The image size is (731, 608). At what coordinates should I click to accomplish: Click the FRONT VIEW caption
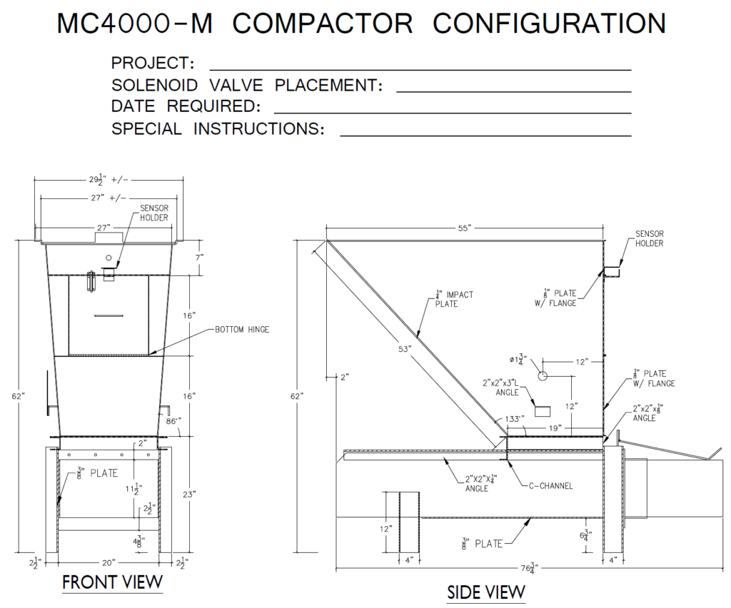pyautogui.click(x=112, y=582)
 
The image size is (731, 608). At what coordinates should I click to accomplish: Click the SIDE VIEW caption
pyautogui.click(x=486, y=592)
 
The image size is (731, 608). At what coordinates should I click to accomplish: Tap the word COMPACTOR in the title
pyautogui.click(x=323, y=24)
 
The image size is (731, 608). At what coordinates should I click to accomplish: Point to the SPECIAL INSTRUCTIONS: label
pyautogui.click(x=218, y=129)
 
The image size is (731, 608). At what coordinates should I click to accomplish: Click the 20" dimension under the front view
pyautogui.click(x=107, y=561)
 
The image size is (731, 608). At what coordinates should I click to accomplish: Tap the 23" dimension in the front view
pyautogui.click(x=195, y=494)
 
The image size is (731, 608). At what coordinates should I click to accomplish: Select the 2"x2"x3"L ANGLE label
pyautogui.click(x=503, y=387)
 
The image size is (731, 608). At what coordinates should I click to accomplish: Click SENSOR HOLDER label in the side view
pyautogui.click(x=649, y=238)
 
